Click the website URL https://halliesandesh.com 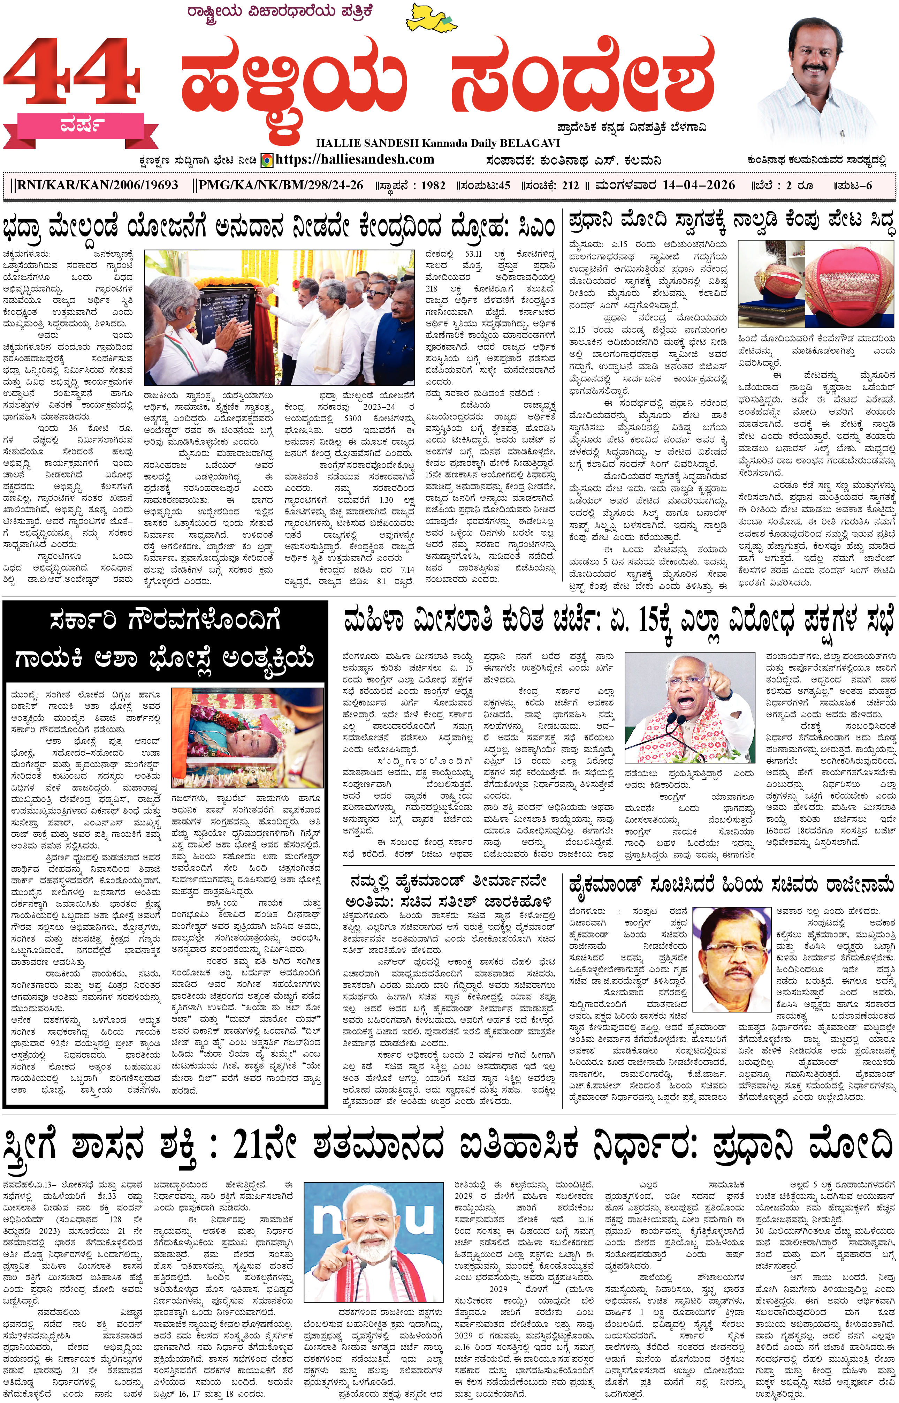click(355, 159)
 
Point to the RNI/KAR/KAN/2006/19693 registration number click(95, 186)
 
